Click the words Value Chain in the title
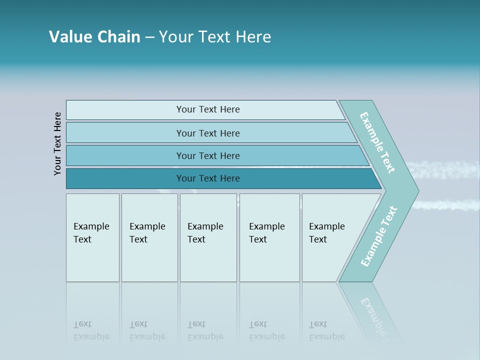[x=94, y=37]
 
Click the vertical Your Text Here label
[x=57, y=143]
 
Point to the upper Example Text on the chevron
[x=377, y=142]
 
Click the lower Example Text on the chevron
[x=379, y=236]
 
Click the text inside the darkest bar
[x=208, y=178]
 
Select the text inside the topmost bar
[x=208, y=109]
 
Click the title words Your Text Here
[x=215, y=37]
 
